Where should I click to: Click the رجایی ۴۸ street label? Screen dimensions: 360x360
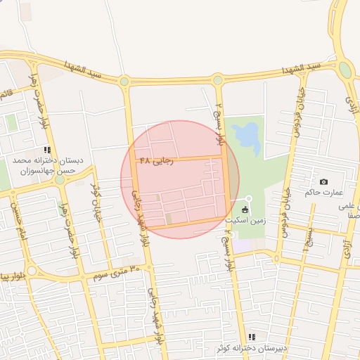tap(155, 160)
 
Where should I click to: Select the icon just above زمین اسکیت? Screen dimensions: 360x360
tap(245, 210)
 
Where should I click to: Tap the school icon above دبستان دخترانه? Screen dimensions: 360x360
tap(47, 150)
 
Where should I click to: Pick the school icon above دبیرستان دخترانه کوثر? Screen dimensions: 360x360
tap(251, 337)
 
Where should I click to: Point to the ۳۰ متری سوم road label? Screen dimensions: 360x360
tap(115, 271)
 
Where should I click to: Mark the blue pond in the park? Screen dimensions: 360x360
tap(246, 138)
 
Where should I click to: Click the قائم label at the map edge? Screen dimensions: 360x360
tap(6, 93)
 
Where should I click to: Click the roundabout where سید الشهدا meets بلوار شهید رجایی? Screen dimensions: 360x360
tap(124, 82)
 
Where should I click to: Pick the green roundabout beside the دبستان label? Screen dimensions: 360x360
tap(60, 179)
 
